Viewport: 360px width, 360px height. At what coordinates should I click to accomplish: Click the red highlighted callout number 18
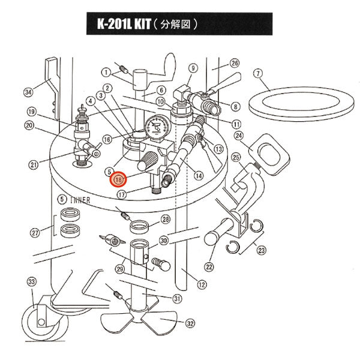[118, 179]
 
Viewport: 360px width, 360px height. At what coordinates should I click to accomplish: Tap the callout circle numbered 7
[258, 74]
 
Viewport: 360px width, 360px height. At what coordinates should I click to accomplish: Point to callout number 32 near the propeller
[190, 323]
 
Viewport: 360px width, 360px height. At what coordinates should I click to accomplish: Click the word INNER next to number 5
[79, 200]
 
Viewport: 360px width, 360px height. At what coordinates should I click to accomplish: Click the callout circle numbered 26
[235, 63]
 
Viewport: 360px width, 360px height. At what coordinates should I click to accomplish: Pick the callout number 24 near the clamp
[238, 136]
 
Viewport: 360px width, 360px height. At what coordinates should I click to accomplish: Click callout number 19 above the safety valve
[32, 112]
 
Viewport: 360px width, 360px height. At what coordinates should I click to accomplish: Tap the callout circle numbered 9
[193, 68]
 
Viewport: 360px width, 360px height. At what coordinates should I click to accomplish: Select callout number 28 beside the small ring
[166, 219]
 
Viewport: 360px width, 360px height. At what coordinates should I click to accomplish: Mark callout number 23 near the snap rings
[260, 252]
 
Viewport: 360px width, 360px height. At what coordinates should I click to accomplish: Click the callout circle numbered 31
[177, 299]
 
